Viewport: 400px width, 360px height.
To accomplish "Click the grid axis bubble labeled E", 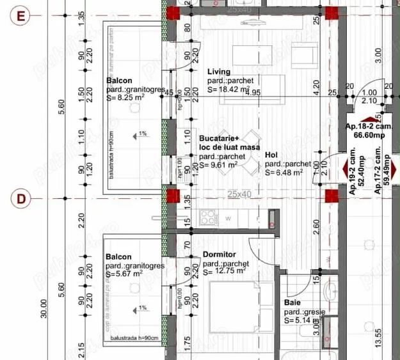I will [x=20, y=17].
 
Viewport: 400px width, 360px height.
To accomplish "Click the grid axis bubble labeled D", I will [x=20, y=198].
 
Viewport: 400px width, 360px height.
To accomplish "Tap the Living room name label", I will [x=219, y=72].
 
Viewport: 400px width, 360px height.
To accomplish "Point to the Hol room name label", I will [x=271, y=155].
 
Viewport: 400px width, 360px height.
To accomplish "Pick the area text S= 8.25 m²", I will [x=129, y=98].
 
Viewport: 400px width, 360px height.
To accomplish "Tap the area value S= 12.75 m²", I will [x=224, y=271].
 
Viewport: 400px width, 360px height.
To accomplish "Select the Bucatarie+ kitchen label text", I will [x=218, y=138].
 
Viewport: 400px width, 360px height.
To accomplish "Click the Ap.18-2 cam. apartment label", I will [x=369, y=127].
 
